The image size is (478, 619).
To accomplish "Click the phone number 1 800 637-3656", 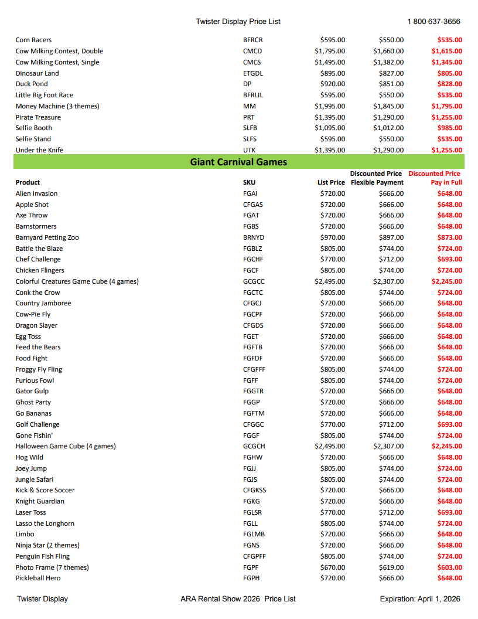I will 433,22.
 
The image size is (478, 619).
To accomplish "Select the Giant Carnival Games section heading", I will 238,162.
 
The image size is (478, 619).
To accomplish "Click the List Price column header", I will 331,182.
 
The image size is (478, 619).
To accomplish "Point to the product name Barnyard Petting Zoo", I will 47,237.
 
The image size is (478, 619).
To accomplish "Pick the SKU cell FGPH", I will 251,578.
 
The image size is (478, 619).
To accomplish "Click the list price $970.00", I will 333,237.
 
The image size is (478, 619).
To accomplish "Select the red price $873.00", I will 449,237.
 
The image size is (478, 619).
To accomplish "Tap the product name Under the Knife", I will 39,150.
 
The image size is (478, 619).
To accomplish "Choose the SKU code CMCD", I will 252,51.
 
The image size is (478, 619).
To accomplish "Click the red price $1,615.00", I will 446,51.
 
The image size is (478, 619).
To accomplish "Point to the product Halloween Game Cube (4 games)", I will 66,446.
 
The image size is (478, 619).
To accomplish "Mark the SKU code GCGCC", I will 254,281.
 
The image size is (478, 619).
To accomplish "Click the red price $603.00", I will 449,567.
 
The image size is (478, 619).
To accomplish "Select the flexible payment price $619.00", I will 391,567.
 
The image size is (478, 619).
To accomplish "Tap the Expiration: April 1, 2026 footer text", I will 419,599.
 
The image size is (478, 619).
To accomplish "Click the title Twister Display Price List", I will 238,22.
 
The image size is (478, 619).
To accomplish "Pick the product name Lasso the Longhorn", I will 45,523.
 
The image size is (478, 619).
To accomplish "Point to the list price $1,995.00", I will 330,106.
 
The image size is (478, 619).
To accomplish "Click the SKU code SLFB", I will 250,128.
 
